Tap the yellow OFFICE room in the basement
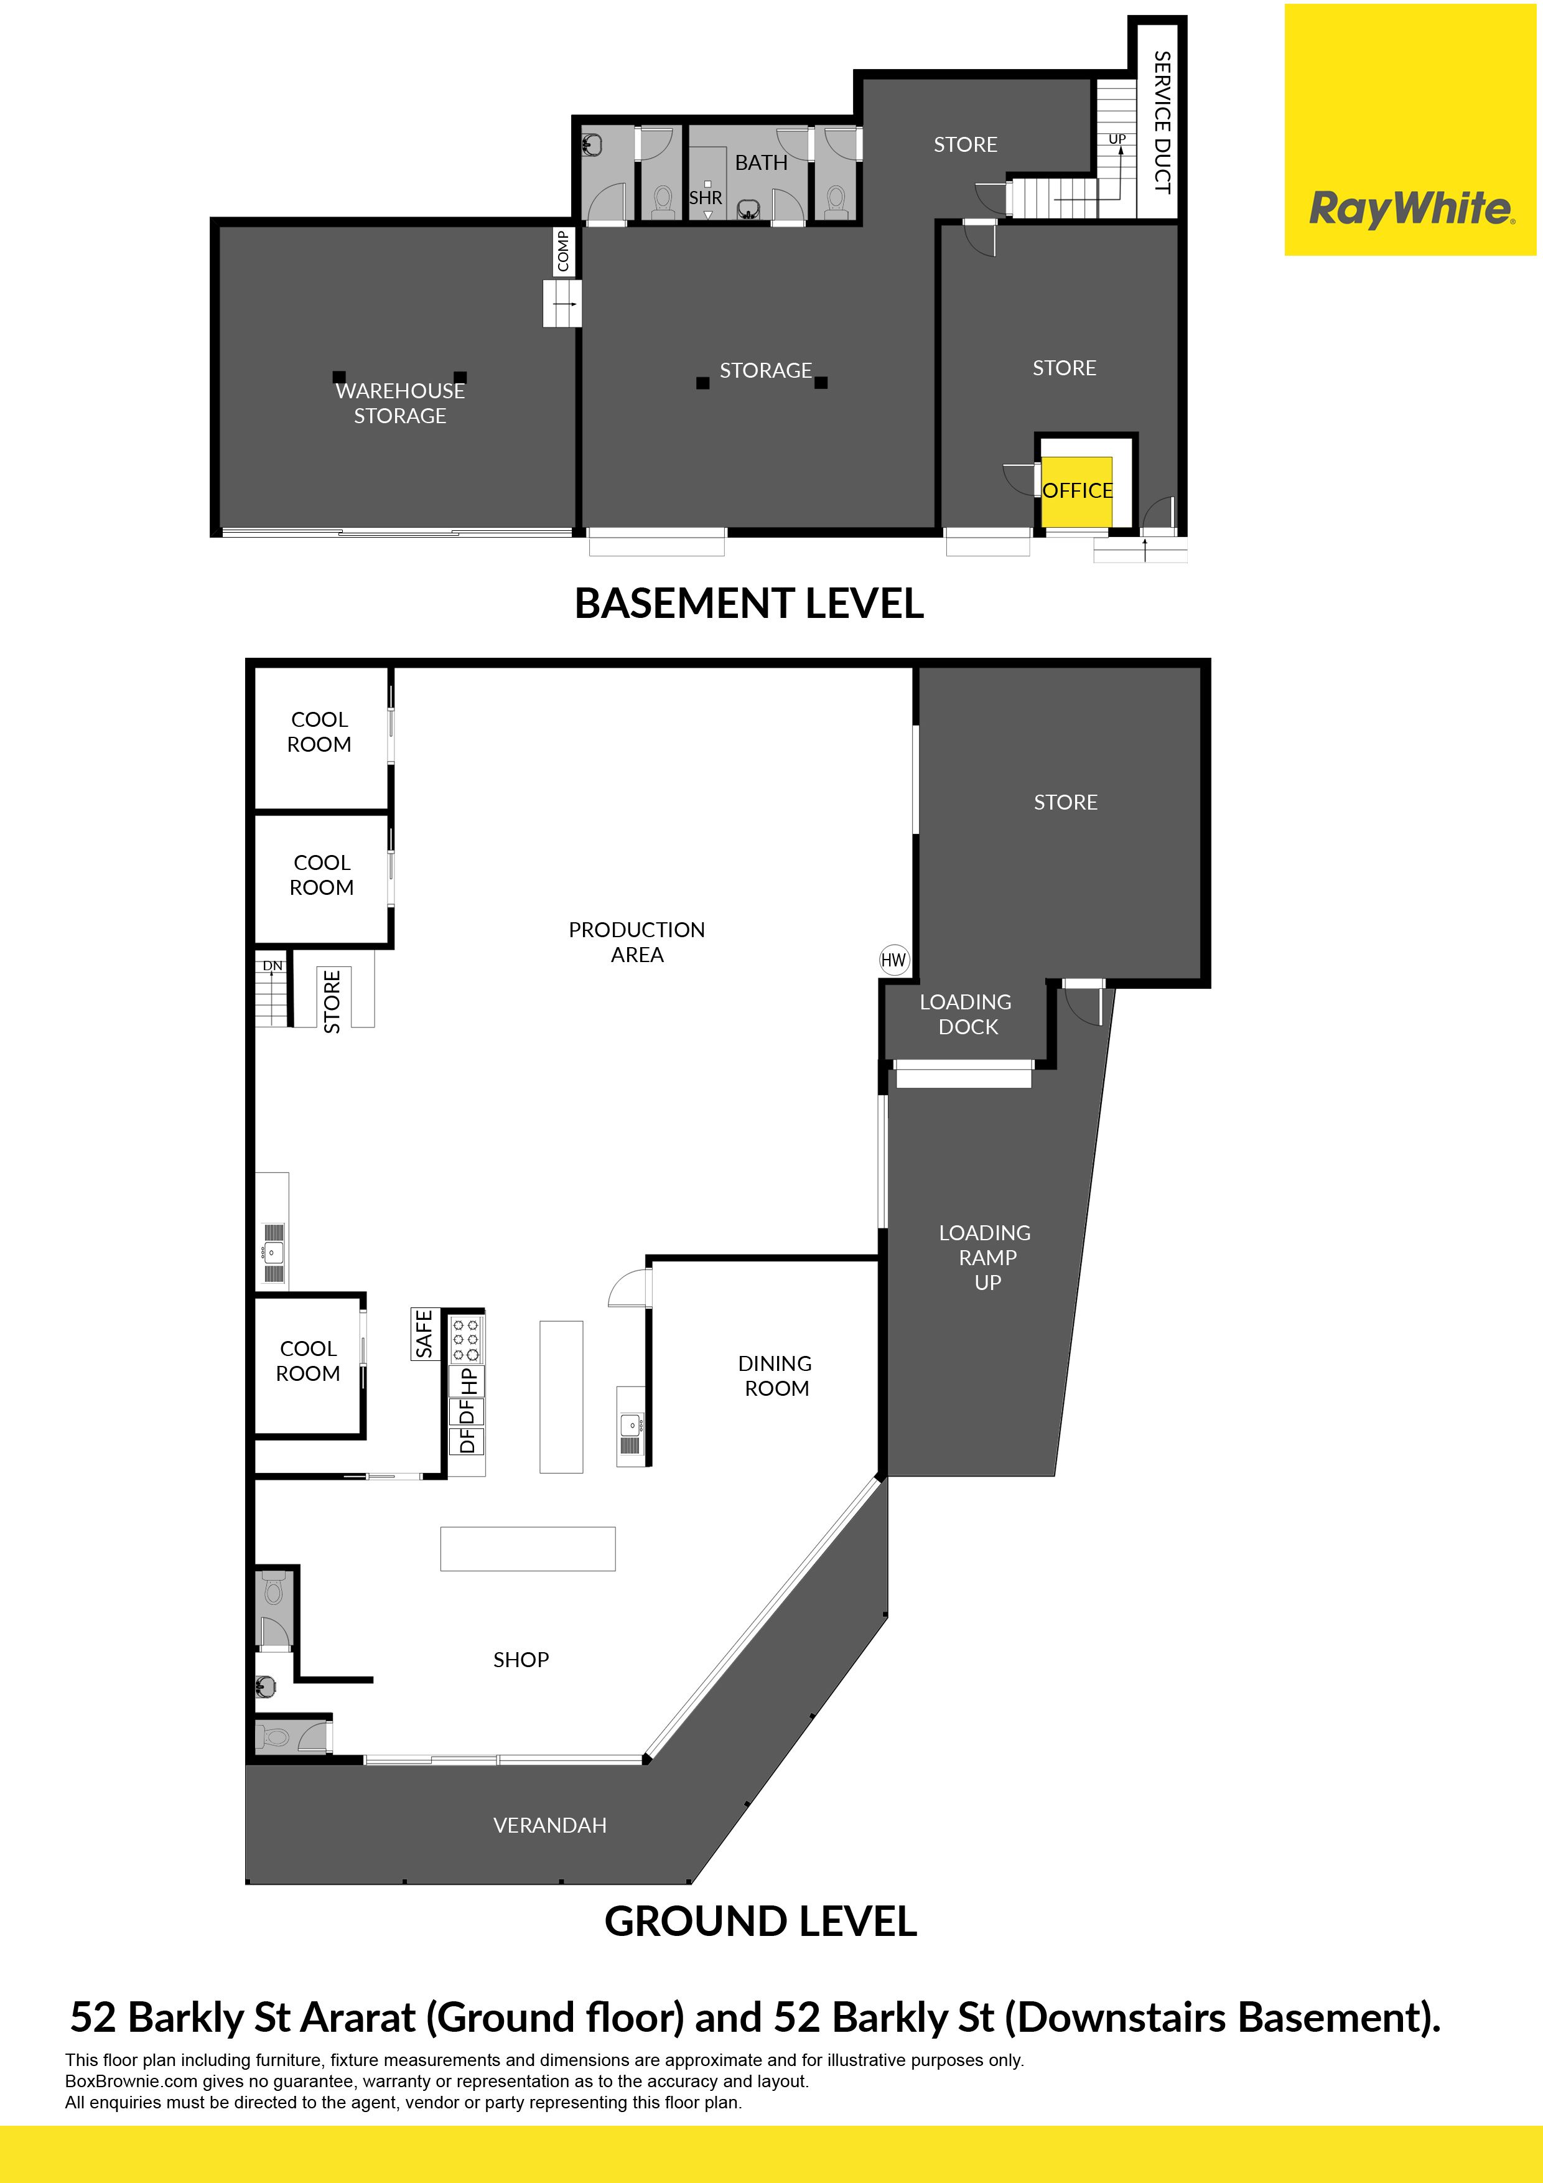1077,490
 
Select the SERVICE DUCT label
1161,123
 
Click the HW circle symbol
893,960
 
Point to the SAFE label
424,1333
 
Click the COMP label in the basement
563,251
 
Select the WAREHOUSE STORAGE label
400,403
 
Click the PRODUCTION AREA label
637,942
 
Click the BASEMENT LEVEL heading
749,603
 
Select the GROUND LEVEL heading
760,1922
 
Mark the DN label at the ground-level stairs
273,965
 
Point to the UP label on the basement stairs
1117,139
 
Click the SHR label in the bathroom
706,198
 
